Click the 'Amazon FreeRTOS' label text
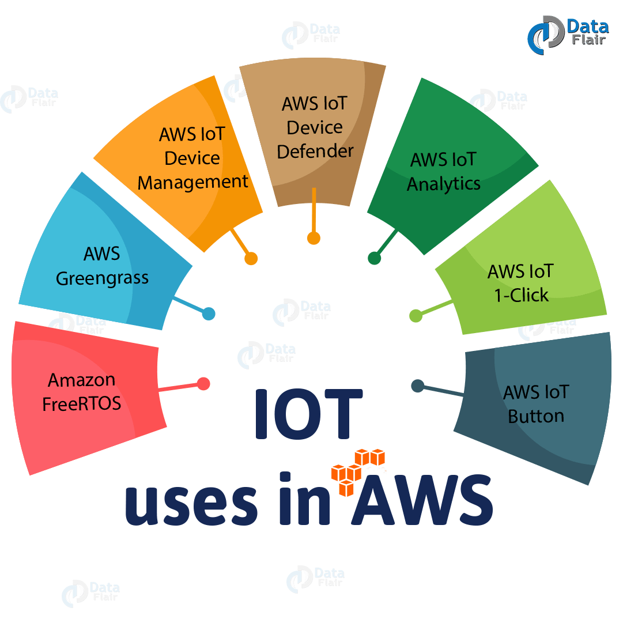(82, 391)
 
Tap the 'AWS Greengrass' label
(102, 266)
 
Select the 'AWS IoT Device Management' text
(192, 158)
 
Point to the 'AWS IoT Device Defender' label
(315, 127)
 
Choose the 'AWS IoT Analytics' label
(443, 172)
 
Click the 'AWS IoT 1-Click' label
(521, 282)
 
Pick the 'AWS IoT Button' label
(536, 404)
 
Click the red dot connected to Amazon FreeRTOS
(203, 384)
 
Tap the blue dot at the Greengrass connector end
(209, 314)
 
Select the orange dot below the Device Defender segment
(314, 238)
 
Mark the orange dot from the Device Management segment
(251, 259)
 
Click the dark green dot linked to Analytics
(374, 258)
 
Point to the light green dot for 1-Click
(415, 315)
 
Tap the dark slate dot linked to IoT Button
(417, 386)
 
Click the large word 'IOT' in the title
(309, 413)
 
